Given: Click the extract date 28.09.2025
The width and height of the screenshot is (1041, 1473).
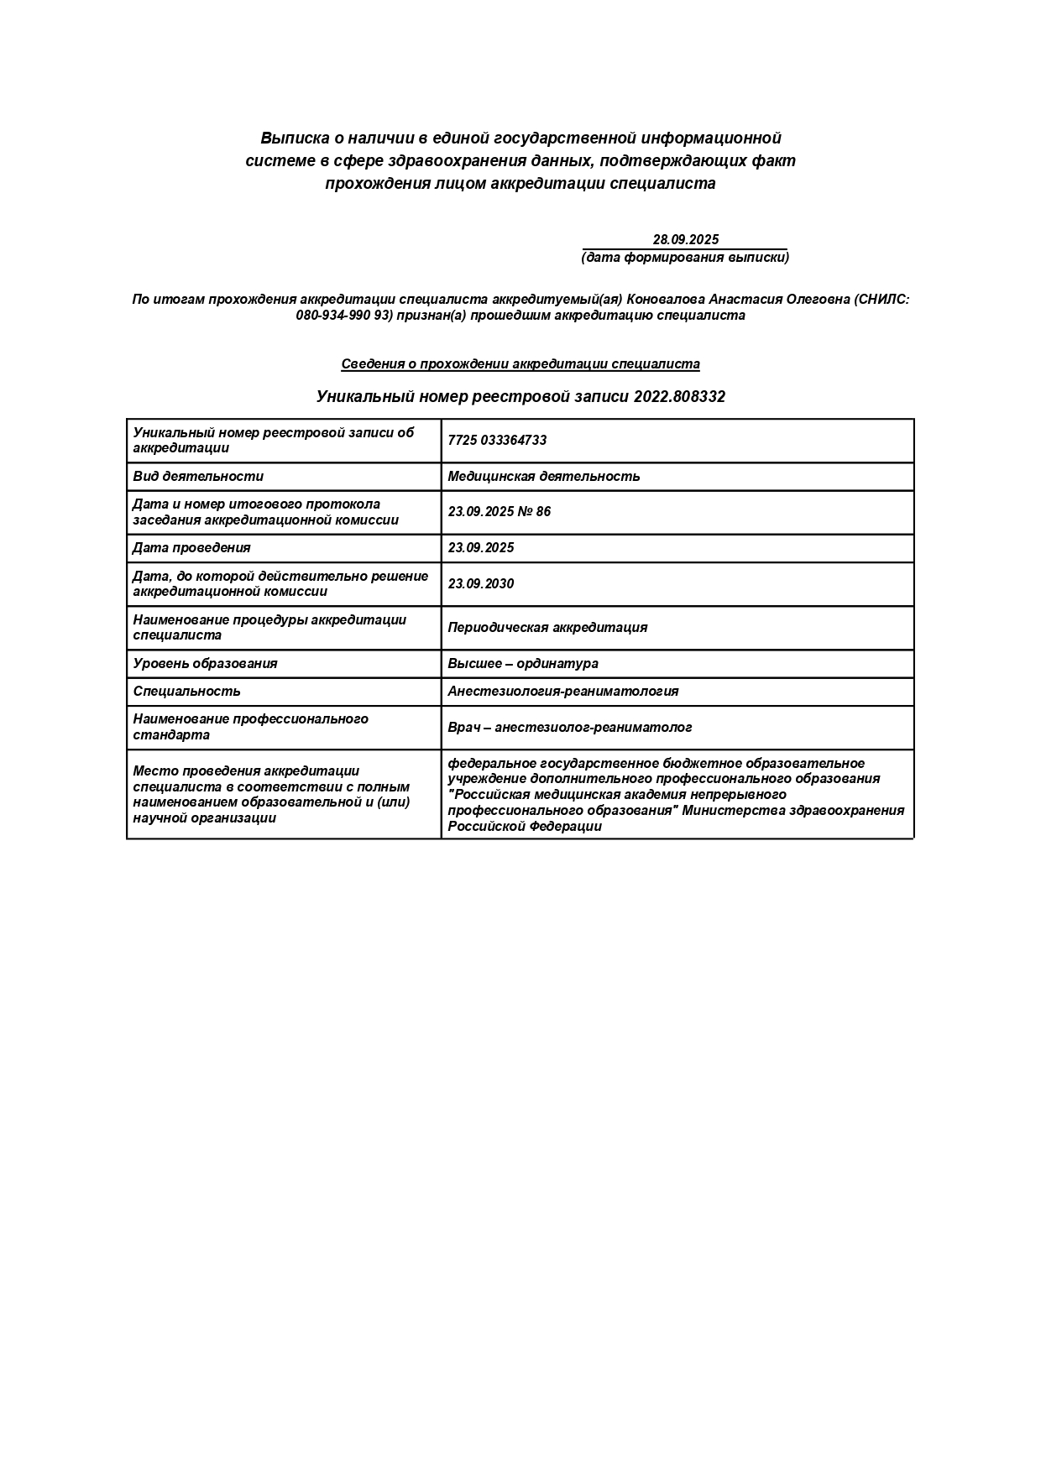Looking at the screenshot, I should (x=685, y=239).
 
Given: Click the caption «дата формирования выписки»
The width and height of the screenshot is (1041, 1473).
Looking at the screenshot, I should (x=685, y=257).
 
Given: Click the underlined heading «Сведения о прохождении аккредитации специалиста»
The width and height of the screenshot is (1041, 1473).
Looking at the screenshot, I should (x=520, y=364).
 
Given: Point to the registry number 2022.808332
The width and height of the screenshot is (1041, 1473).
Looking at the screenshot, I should (x=679, y=396).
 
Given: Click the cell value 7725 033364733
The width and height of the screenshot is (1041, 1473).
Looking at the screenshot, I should (x=497, y=440).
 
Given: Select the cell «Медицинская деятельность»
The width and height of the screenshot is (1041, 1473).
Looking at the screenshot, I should (x=544, y=476).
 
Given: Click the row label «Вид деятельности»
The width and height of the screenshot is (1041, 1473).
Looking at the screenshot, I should (x=198, y=476).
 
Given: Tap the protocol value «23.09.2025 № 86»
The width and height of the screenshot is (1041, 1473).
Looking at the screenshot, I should (x=500, y=511).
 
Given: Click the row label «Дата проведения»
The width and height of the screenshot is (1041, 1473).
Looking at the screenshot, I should (x=191, y=547).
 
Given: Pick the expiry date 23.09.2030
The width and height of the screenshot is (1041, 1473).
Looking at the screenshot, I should (x=481, y=583).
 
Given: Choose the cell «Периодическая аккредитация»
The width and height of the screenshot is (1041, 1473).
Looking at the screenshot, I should (x=547, y=627).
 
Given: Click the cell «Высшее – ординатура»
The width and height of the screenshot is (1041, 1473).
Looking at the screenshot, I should (x=523, y=663).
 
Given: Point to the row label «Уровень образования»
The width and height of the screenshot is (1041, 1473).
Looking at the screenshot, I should (x=205, y=663).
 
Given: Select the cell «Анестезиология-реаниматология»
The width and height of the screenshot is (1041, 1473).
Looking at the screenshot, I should (x=563, y=691).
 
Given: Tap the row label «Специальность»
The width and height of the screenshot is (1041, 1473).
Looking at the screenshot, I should (x=186, y=691).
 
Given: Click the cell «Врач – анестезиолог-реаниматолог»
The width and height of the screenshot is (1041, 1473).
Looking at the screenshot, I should (x=570, y=727).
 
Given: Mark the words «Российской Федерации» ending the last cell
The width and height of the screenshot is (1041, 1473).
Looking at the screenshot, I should (x=525, y=826).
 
